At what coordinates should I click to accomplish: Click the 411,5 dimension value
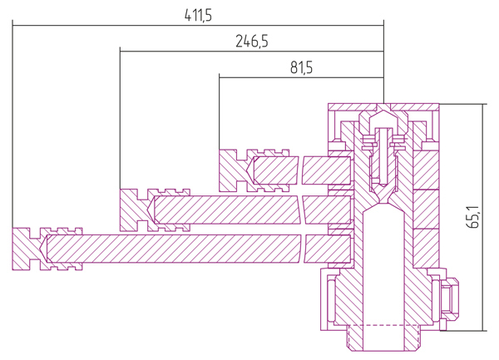(x=198, y=15)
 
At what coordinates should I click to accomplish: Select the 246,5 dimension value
(x=252, y=42)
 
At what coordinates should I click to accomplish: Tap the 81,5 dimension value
(x=301, y=67)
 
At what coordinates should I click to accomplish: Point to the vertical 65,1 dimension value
(x=472, y=217)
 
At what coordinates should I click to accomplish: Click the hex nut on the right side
(x=450, y=299)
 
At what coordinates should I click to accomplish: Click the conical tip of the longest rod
(x=44, y=249)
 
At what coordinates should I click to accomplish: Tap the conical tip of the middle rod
(x=151, y=210)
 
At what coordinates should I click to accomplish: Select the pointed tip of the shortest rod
(x=250, y=170)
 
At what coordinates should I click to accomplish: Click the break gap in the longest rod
(x=303, y=249)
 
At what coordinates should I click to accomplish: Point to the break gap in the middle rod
(x=301, y=210)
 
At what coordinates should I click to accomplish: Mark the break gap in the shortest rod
(x=300, y=170)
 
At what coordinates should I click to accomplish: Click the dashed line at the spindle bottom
(x=383, y=325)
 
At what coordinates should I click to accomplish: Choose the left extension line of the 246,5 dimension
(x=120, y=118)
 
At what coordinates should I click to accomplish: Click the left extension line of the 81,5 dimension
(x=219, y=111)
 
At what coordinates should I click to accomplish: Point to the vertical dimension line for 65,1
(x=482, y=217)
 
